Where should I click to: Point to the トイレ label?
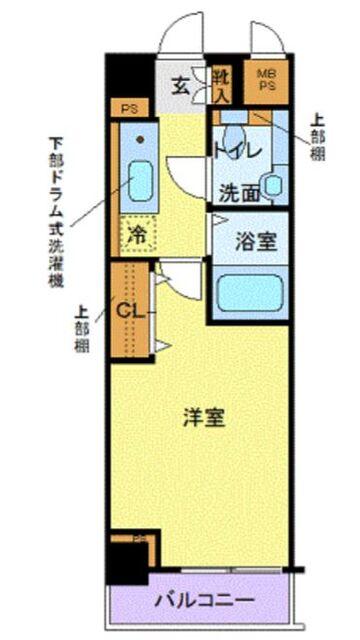pyautogui.click(x=237, y=149)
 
